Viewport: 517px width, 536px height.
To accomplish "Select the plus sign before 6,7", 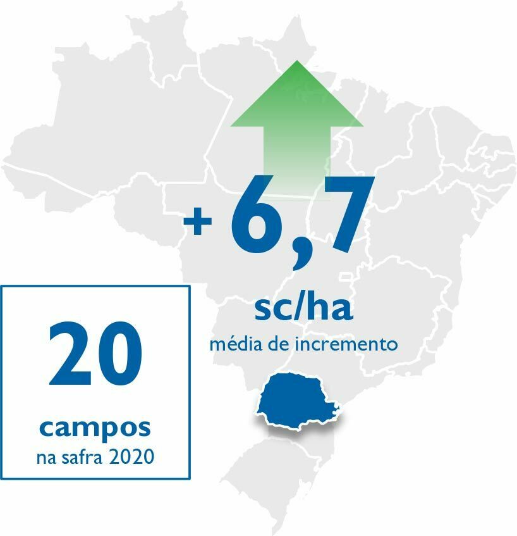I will pyautogui.click(x=197, y=223).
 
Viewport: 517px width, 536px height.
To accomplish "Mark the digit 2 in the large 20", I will pyautogui.click(x=70, y=356).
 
